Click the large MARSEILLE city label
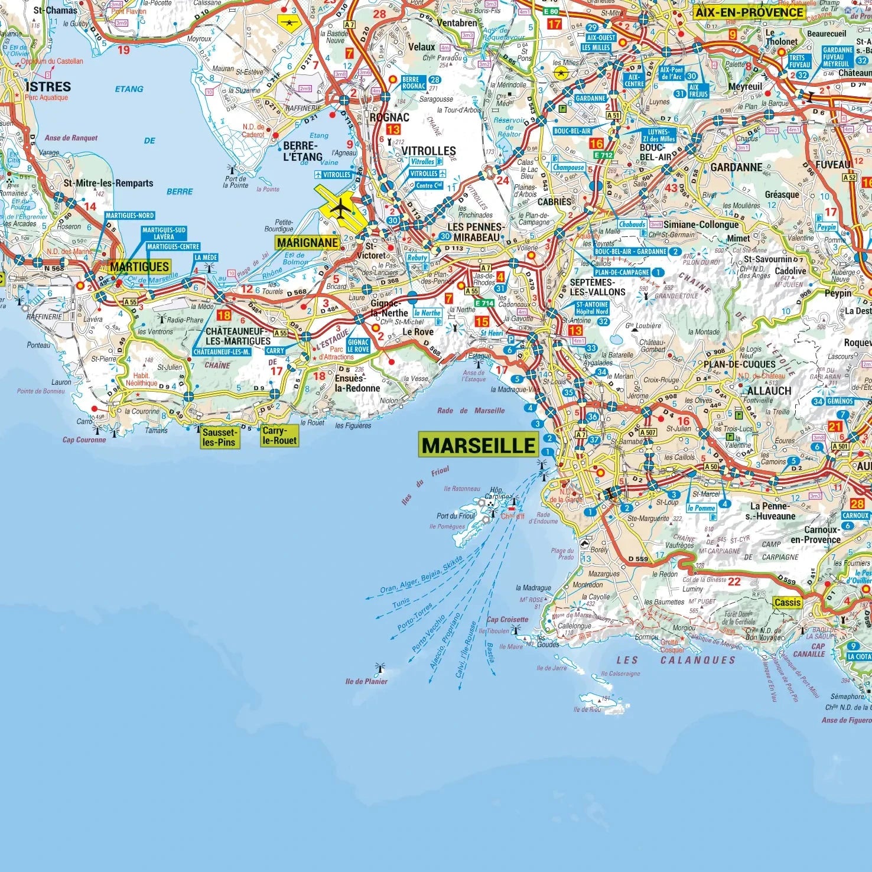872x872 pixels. coord(479,445)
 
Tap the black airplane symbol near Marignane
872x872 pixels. coord(340,208)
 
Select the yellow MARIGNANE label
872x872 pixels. coord(307,242)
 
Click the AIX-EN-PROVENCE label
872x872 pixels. coord(749,12)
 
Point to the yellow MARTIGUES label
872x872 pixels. coord(139,266)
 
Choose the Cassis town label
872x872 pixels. coord(788,603)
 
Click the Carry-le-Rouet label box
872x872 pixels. coord(279,436)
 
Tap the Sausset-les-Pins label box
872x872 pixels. coord(219,437)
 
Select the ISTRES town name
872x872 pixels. coord(48,86)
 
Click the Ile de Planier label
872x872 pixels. coord(366,681)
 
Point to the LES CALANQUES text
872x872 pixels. coord(676,660)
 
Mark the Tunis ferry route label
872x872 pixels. coord(401,603)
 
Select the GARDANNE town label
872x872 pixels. coord(736,167)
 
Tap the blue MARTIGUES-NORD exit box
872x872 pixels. coord(130,216)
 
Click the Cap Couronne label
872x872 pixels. coord(84,440)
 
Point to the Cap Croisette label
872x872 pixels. coord(507,620)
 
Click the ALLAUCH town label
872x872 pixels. coord(769,391)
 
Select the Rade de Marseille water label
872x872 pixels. coord(471,411)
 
